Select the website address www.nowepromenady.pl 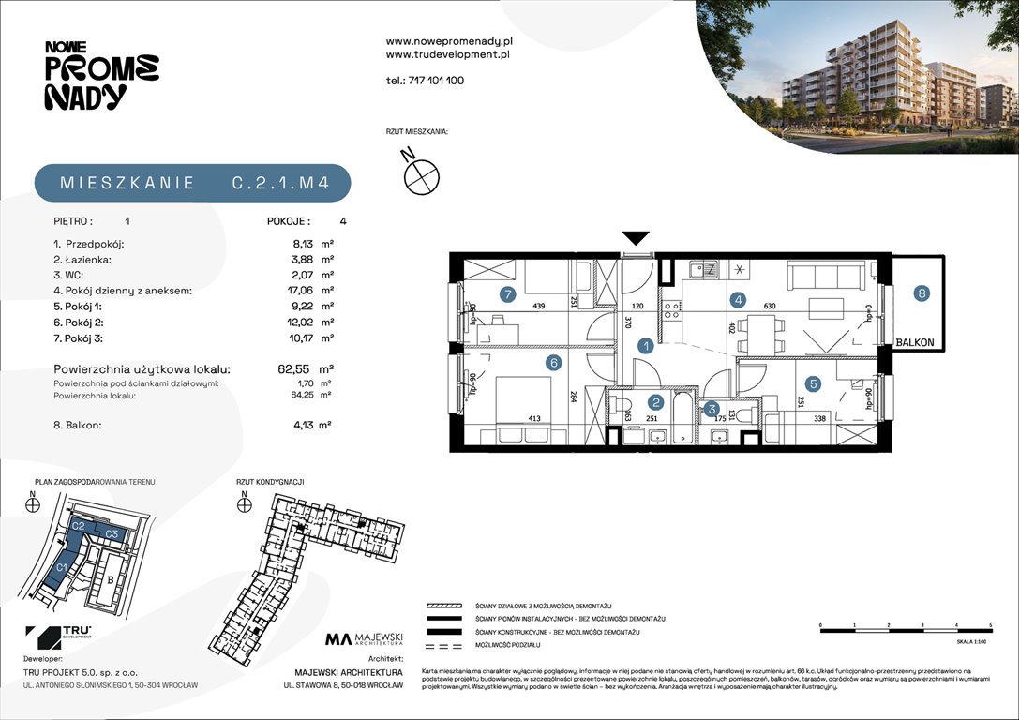point(448,41)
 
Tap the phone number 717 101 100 point(436,81)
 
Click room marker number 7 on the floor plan point(507,294)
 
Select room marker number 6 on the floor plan point(554,362)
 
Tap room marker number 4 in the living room point(739,300)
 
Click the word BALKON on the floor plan point(916,343)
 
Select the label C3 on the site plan point(111,533)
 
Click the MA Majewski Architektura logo point(364,640)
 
